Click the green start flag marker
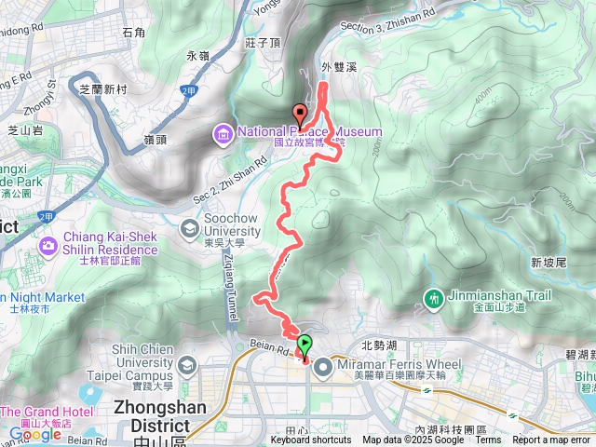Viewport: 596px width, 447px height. coord(304,342)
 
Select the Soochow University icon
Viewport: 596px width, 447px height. coord(190,227)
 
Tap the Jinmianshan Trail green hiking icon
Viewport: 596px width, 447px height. coord(434,298)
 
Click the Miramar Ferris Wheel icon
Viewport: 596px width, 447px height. coord(323,367)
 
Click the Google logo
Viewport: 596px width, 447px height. coord(34,434)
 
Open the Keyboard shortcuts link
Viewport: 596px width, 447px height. coord(311,440)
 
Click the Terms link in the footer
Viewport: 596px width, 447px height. coord(488,440)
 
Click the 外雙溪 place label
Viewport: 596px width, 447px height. coord(338,67)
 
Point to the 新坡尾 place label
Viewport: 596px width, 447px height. coord(549,263)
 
